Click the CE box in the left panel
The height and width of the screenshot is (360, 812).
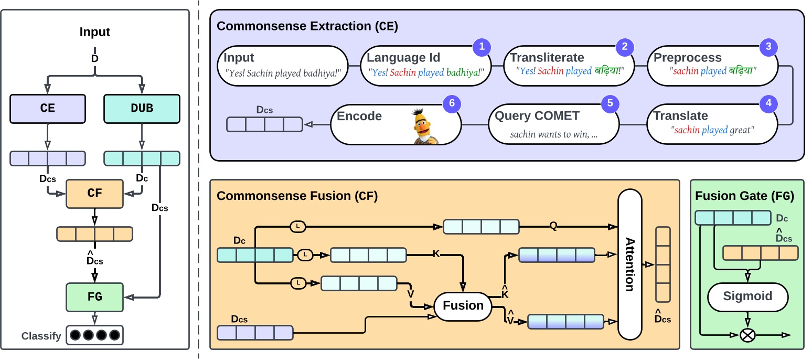coord(47,108)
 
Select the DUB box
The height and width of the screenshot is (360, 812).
coord(142,108)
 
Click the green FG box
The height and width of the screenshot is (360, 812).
coord(94,297)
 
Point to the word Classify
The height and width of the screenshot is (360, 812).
coord(41,336)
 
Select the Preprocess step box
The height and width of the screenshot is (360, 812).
coord(710,65)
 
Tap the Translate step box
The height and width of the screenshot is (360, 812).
coord(710,124)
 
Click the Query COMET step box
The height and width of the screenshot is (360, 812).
coord(553,124)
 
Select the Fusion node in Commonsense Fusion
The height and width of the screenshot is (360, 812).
coord(463,305)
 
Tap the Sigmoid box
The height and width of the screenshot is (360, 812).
coord(748,296)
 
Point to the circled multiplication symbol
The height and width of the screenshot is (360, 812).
coord(747,335)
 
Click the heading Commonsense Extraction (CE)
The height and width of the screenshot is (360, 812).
coord(307,26)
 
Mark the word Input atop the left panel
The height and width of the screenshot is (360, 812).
coord(95,31)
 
